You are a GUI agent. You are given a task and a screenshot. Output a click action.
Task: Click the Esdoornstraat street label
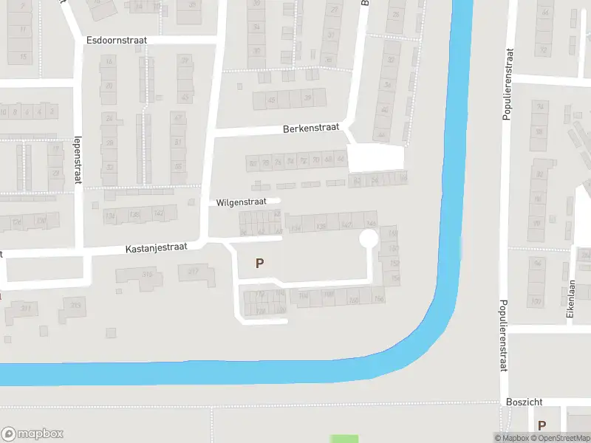coord(117,39)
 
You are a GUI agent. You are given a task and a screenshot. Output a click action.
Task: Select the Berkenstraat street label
coord(311,128)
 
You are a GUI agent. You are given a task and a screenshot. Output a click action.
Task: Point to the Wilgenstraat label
coord(240,202)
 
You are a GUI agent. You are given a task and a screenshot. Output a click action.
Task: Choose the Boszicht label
coord(525,402)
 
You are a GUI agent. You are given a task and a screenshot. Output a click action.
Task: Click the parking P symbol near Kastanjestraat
coord(259,263)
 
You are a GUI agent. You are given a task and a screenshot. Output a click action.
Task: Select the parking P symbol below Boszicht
coord(542,425)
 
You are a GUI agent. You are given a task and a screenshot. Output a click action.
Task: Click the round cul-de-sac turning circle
coord(368,239)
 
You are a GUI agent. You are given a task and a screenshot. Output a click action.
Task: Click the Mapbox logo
coord(32,434)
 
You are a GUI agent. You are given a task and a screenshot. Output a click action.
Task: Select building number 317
coord(194,272)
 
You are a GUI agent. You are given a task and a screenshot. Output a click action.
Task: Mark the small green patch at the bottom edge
coord(344,439)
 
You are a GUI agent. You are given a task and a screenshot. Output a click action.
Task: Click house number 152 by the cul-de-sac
coord(394,263)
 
